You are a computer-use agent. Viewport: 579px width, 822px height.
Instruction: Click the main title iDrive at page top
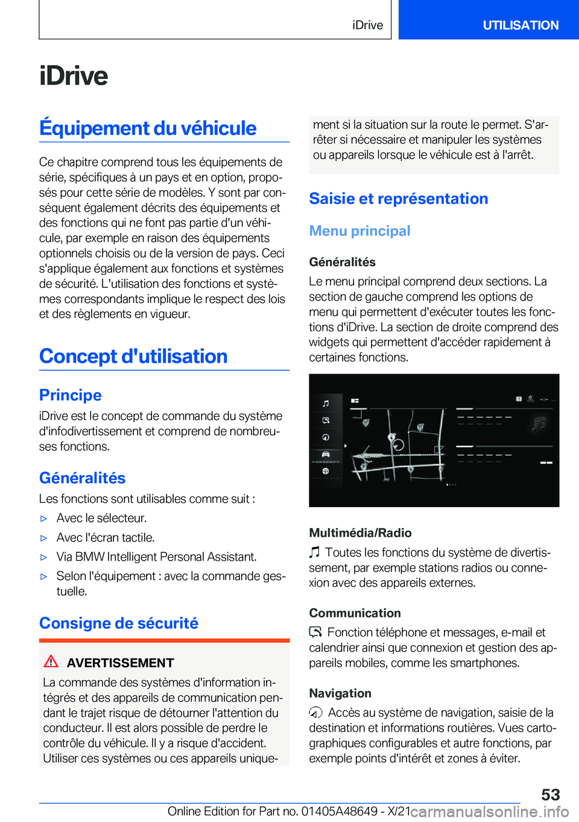tap(74, 76)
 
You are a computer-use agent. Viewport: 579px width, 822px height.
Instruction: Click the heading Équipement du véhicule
tap(148, 128)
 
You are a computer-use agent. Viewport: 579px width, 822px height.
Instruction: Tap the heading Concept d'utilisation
tap(133, 356)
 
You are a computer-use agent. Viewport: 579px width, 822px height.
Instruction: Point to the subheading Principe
tap(71, 395)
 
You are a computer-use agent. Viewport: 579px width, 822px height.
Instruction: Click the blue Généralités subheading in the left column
tap(83, 478)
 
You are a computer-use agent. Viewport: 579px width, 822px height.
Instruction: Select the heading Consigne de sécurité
tap(119, 623)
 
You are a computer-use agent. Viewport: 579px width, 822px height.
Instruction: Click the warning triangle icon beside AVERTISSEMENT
tap(51, 661)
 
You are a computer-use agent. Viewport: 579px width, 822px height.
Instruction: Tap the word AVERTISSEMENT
tap(120, 663)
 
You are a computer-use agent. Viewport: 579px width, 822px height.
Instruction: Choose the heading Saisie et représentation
tap(398, 199)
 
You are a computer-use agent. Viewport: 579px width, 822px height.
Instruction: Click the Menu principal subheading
tap(359, 231)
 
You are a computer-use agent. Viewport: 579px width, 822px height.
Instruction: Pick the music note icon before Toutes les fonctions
tap(314, 552)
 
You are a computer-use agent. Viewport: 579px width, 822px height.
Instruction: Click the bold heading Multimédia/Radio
tap(360, 533)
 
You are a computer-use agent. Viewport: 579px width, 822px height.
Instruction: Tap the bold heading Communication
tap(355, 613)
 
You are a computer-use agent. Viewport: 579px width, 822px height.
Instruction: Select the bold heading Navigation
tap(340, 693)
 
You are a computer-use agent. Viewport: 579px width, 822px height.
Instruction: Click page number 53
tap(550, 794)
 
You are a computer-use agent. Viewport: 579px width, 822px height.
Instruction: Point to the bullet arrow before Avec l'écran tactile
tap(43, 538)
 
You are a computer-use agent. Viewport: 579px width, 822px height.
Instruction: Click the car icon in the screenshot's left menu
tap(326, 454)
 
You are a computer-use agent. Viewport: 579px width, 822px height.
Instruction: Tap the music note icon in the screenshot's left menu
tap(326, 403)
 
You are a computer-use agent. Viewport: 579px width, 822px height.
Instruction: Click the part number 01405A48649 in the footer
tap(339, 811)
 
